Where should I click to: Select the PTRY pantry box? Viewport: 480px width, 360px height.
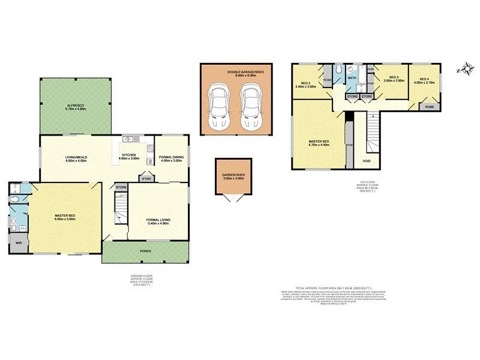(145, 178)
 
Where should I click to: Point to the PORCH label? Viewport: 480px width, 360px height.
(145, 251)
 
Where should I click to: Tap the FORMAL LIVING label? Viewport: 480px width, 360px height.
(158, 220)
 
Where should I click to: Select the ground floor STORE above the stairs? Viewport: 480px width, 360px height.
(121, 188)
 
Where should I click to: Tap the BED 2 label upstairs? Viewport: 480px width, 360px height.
(305, 83)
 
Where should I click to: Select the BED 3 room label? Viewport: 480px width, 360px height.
(394, 77)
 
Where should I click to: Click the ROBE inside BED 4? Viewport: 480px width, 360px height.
(429, 106)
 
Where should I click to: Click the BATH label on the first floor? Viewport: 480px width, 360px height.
(352, 78)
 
